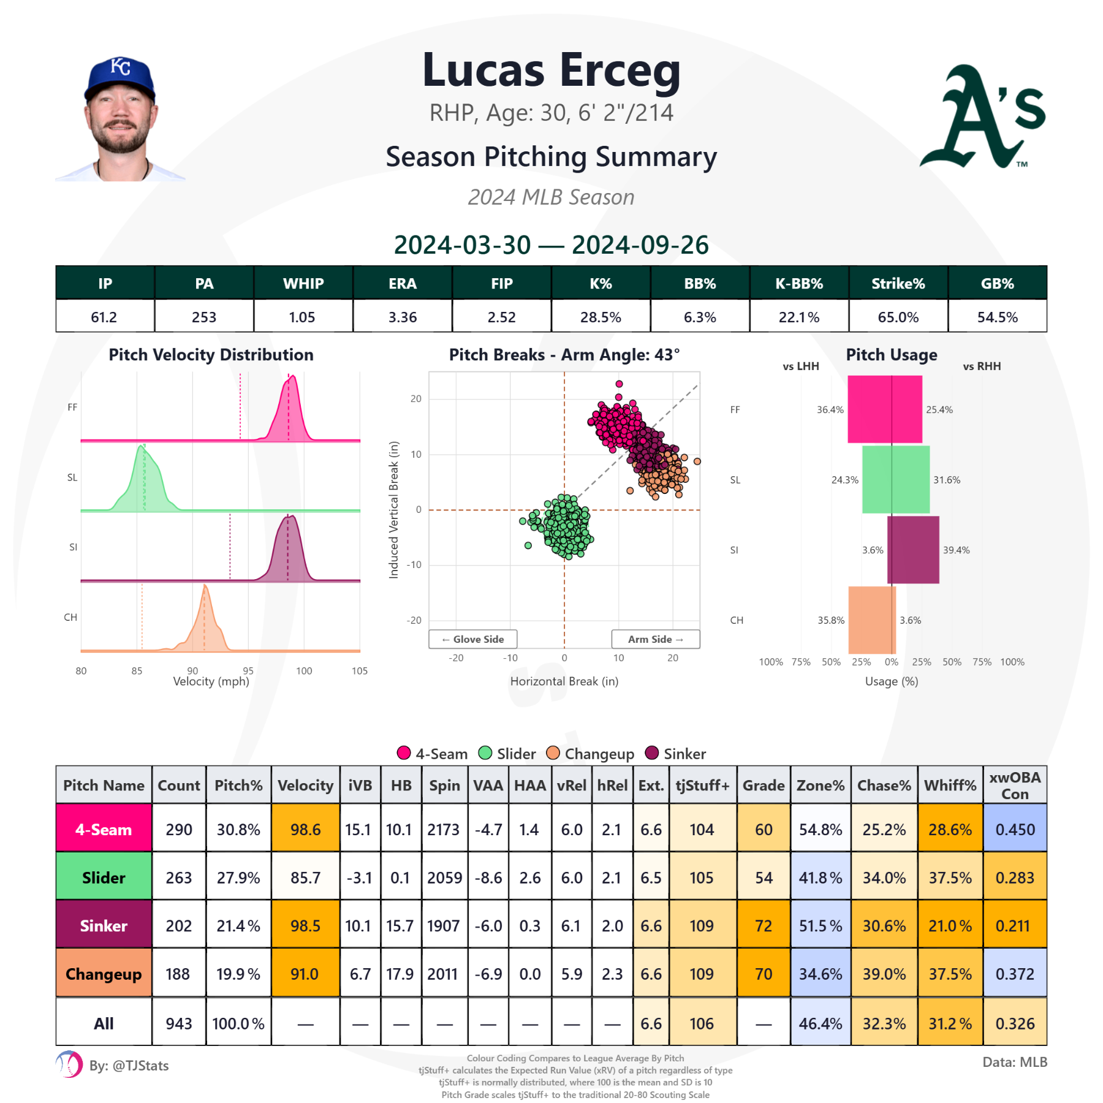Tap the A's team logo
[x=982, y=117]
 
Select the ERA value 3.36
[x=403, y=317]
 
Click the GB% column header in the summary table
[x=997, y=283]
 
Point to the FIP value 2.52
[x=501, y=317]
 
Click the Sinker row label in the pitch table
[x=104, y=925]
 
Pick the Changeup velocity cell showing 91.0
[x=305, y=974]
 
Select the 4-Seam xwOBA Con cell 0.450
[x=1015, y=829]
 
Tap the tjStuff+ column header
[x=702, y=785]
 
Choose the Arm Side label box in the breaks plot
[x=655, y=639]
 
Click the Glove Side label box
[x=473, y=639]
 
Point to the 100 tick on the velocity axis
[x=304, y=671]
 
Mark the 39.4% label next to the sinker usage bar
[x=956, y=550]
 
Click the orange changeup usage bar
[x=871, y=620]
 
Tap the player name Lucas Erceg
[x=551, y=70]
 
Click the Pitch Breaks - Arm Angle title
[x=564, y=355]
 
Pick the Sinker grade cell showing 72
[x=763, y=925]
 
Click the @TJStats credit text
[x=140, y=1066]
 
